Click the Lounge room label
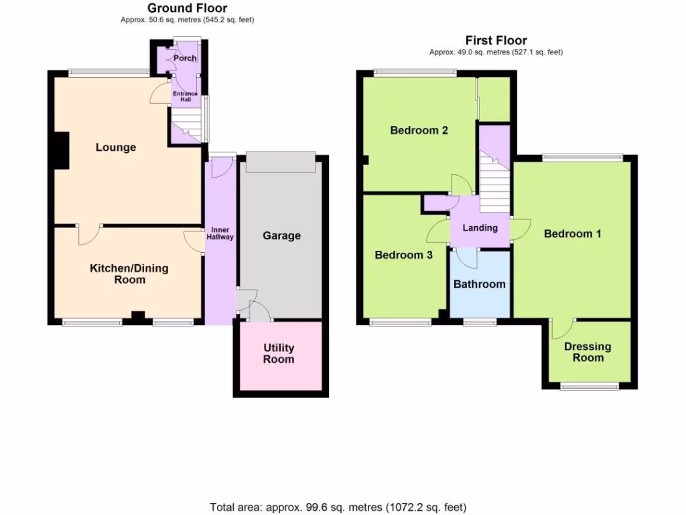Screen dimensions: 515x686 (x=115, y=148)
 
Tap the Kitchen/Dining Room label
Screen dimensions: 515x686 (x=129, y=274)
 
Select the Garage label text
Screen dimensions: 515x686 (x=281, y=236)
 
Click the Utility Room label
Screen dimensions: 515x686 (x=279, y=353)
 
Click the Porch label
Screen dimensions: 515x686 (x=185, y=58)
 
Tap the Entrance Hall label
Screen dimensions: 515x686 (x=186, y=97)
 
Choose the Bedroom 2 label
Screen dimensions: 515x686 (x=419, y=131)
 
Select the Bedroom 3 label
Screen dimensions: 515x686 (x=403, y=255)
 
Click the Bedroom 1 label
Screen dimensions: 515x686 (x=572, y=234)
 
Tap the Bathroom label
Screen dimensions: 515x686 (x=480, y=284)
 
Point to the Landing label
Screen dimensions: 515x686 (x=480, y=228)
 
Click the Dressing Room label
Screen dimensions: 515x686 (x=588, y=352)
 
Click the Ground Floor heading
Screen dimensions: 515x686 (x=187, y=8)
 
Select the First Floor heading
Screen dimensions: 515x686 (x=496, y=40)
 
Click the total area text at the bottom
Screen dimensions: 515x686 (x=338, y=507)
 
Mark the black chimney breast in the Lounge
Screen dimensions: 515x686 (x=62, y=150)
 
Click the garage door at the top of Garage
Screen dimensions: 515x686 (x=280, y=162)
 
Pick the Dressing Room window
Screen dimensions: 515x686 (x=590, y=386)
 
